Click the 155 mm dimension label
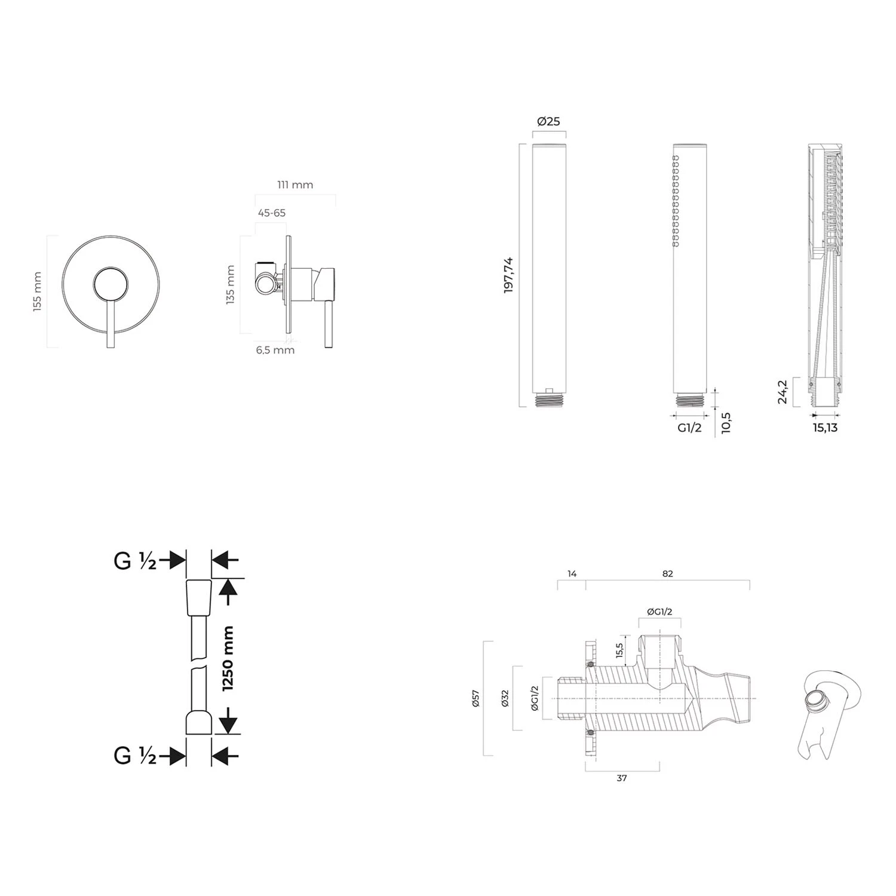pyautogui.click(x=38, y=291)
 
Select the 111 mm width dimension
pyautogui.click(x=295, y=185)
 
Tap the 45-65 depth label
pyautogui.click(x=272, y=213)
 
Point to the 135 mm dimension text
pyautogui.click(x=231, y=285)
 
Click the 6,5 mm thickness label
pyautogui.click(x=275, y=350)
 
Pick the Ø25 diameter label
pyautogui.click(x=548, y=121)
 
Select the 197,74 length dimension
pyautogui.click(x=509, y=274)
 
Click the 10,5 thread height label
pyautogui.click(x=726, y=422)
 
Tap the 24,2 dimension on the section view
pyautogui.click(x=783, y=392)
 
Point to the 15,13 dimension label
pyautogui.click(x=824, y=428)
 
